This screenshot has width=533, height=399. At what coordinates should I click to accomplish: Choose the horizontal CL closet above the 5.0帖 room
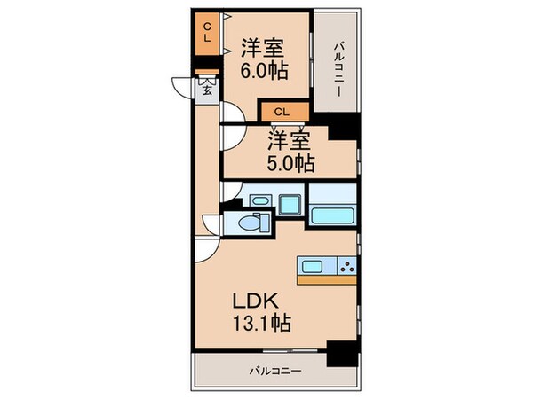282,112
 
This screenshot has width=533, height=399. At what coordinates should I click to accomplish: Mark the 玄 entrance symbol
206,90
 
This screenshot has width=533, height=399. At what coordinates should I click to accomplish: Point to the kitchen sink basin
314,265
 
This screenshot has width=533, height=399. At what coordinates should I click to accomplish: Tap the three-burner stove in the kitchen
345,265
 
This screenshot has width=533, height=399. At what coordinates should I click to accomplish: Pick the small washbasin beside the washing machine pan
259,202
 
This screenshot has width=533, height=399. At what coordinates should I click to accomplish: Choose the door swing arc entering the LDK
206,250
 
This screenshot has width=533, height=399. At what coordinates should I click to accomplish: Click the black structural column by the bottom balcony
339,352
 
